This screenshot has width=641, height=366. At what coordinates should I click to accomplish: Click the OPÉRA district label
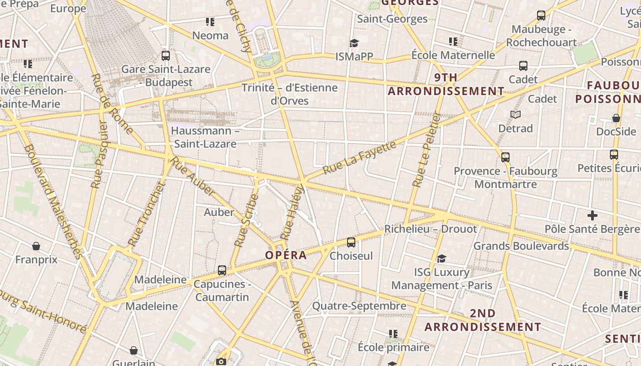[286, 255]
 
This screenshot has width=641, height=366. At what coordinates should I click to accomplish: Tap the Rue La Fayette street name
[359, 157]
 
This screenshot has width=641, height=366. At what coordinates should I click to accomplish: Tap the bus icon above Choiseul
[351, 242]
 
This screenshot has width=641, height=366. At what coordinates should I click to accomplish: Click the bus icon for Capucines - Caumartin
[222, 270]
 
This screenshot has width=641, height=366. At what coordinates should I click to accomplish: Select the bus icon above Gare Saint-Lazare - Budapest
[166, 56]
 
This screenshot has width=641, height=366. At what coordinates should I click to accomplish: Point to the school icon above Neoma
[210, 22]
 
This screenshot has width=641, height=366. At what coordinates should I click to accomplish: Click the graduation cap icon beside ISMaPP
[354, 43]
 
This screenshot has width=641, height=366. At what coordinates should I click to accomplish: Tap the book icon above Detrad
[516, 114]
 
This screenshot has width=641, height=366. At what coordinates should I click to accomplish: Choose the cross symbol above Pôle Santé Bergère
[592, 215]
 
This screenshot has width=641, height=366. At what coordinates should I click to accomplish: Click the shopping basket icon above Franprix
[36, 246]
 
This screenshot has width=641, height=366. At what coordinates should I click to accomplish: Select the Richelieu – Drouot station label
[430, 229]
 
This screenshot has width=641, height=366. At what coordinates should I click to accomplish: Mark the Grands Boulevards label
[521, 246]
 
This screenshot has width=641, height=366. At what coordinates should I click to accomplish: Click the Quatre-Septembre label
[359, 306]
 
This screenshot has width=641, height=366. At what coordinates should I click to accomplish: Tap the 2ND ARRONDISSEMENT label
[483, 320]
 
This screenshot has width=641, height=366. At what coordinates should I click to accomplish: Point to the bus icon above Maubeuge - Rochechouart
[541, 16]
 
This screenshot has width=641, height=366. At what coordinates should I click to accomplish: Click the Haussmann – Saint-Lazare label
[205, 137]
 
